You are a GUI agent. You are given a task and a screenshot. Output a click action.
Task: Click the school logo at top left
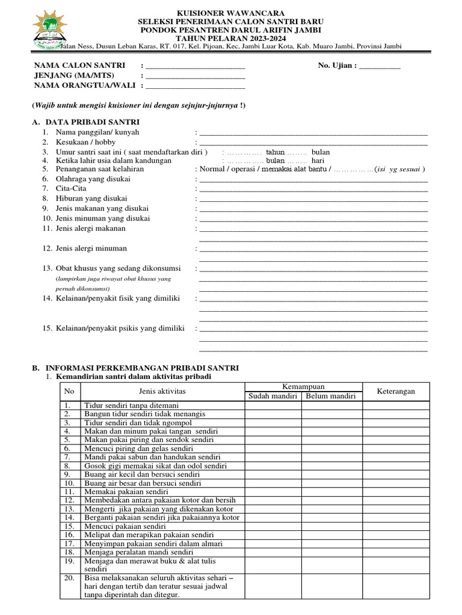pos(48,28)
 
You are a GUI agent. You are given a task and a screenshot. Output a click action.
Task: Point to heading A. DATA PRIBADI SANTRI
pos(82,121)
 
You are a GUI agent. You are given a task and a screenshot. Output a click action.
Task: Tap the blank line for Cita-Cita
pos(313,189)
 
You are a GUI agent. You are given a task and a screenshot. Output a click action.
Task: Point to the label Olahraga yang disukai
pos(94,179)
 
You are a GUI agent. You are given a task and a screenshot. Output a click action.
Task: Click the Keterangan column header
pos(396,391)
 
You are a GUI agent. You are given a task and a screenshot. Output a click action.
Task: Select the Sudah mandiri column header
pos(273,396)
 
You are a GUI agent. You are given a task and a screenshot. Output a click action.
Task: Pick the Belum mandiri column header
pos(330,396)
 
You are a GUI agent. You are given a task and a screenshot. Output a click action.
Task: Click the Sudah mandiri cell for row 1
pos(273,405)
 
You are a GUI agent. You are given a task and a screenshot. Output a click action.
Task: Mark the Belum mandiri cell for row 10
pos(330,483)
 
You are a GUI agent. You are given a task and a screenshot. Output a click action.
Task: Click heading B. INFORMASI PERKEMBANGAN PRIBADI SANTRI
pos(135,367)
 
